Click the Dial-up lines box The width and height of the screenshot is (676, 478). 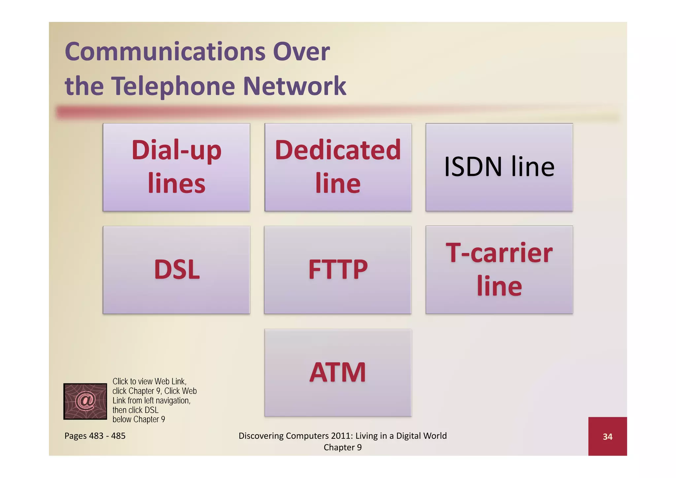[x=176, y=167]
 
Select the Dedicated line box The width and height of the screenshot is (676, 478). [x=338, y=167]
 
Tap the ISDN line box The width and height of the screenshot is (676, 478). [x=499, y=167]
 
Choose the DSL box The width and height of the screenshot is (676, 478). [x=176, y=270]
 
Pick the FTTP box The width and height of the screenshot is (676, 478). [x=338, y=270]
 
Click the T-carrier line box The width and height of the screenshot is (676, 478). [x=499, y=270]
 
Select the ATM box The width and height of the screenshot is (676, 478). [x=338, y=373]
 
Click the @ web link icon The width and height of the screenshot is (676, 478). [x=85, y=401]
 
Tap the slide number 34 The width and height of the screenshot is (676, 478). [x=607, y=437]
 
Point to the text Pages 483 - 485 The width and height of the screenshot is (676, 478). [x=95, y=436]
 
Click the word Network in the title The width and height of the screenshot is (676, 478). [x=294, y=86]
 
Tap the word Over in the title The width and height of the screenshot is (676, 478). [x=301, y=52]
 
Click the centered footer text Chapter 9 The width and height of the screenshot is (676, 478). [x=343, y=447]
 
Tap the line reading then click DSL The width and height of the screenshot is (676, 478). [x=135, y=410]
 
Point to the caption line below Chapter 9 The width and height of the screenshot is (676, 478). [x=139, y=419]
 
